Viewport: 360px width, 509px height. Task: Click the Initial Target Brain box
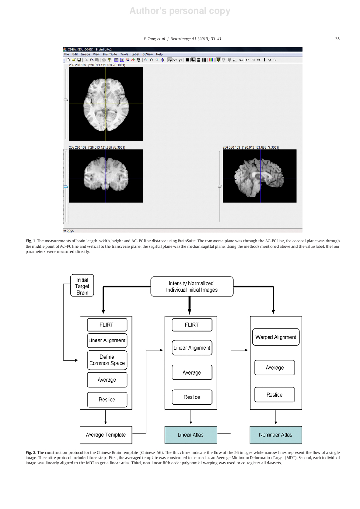(x=82, y=286)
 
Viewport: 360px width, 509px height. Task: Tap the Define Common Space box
(x=106, y=360)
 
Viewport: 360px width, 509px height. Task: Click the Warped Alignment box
(x=275, y=337)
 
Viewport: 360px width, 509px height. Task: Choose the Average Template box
(x=105, y=435)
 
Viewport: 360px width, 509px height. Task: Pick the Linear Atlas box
(x=190, y=435)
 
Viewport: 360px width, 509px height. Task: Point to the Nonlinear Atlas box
(x=275, y=435)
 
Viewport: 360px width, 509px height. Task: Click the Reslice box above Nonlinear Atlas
(x=274, y=395)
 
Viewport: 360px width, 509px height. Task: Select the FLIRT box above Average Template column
(x=106, y=325)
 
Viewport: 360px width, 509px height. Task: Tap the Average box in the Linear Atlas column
(x=191, y=372)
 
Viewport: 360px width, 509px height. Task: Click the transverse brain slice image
(x=106, y=103)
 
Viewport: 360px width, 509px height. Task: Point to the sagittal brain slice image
(x=259, y=175)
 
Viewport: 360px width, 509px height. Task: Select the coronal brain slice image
(x=106, y=175)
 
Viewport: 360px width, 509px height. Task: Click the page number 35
(x=337, y=39)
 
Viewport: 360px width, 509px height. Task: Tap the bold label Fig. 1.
(x=31, y=241)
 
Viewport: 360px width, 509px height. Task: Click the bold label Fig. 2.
(x=31, y=453)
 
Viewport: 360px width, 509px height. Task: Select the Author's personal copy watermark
(x=180, y=11)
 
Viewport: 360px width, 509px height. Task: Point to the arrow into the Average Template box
(x=106, y=421)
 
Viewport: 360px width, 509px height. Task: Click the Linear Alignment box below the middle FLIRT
(x=191, y=348)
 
